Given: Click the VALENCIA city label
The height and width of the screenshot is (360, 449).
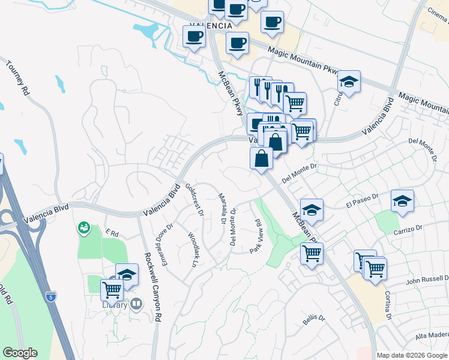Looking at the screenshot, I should (210, 26).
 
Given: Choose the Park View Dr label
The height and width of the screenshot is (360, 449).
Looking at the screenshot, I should (256, 236).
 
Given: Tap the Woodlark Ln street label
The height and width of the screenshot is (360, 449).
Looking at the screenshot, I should (193, 249).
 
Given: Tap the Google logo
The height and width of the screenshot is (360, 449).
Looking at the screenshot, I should (20, 353).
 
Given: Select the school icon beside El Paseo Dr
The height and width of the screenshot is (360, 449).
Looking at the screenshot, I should (402, 201).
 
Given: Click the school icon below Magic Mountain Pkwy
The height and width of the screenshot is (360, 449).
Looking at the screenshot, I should (348, 82).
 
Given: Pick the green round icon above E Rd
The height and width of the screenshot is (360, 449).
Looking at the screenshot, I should (83, 227).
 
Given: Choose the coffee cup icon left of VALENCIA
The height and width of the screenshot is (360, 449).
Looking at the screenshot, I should (194, 37).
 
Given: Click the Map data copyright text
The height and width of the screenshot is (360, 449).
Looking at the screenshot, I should (412, 355).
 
